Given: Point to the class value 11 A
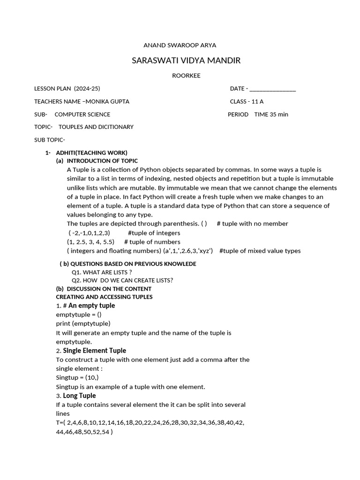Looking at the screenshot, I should [258, 101].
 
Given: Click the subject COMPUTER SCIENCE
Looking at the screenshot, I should [82, 114].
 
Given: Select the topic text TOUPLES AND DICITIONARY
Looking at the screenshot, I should [96, 127].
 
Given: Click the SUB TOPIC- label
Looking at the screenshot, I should [50, 140].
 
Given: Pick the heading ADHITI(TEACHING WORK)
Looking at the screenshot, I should [91, 153].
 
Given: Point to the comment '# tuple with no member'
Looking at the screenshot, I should [253, 224].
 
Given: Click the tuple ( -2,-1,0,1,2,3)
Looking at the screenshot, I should [89, 233].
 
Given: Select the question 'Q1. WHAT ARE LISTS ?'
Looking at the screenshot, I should [102, 272].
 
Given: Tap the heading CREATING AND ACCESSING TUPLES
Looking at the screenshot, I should [104, 297].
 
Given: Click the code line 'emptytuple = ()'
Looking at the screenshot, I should [79, 315].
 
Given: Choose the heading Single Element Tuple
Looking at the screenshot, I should [95, 351].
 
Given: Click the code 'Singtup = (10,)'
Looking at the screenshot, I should [77, 378].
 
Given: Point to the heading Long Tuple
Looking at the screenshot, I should [80, 396].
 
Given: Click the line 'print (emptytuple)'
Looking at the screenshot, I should [83, 323].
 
